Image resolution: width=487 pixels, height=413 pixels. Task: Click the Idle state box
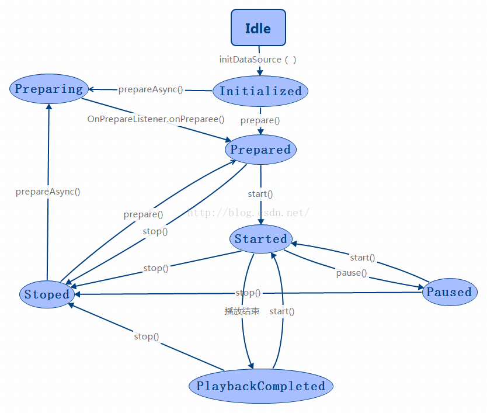pos(258,27)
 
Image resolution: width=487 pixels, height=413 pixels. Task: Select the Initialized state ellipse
pos(260,91)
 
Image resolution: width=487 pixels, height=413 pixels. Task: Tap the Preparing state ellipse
pos(48,89)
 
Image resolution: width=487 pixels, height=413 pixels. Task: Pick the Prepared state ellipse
pos(260,150)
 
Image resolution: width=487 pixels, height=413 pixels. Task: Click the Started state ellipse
pos(260,239)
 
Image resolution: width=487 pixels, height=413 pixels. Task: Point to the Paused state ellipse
pos(449,292)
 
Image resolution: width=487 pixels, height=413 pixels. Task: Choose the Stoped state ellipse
pos(47,294)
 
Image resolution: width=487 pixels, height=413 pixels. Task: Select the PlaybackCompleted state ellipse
pos(260,386)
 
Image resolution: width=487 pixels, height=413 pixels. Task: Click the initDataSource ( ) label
pos(258,60)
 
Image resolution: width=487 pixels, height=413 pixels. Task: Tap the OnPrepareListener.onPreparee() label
pos(156,119)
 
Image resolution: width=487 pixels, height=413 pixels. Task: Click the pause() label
pos(352,273)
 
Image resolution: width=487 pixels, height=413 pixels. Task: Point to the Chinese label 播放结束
pos(242,311)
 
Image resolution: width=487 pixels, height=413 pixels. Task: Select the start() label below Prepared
pos(260,193)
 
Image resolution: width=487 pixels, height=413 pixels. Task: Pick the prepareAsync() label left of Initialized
pos(151,89)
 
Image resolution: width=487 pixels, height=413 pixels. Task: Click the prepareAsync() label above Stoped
pos(48,191)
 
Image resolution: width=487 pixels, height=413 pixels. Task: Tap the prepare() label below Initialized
pos(260,120)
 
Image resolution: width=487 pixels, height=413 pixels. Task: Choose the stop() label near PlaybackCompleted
pos(147,336)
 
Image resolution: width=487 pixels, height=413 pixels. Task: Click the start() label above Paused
pos(363,258)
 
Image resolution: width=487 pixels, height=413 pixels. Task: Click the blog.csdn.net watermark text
pos(248,213)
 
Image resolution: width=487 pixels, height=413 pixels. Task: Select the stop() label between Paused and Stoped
pos(248,293)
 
